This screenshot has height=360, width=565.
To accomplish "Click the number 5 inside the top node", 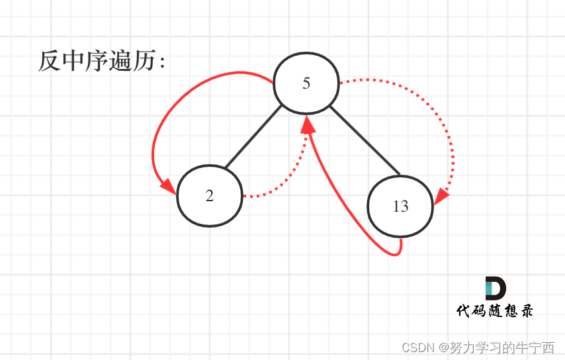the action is coord(306,83).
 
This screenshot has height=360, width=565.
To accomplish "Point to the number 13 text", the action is coord(400,206).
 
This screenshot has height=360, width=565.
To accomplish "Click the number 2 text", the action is coord(210,197).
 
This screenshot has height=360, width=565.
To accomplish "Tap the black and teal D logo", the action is coord(495,289).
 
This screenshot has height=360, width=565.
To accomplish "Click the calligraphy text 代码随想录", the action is coord(494,310).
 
